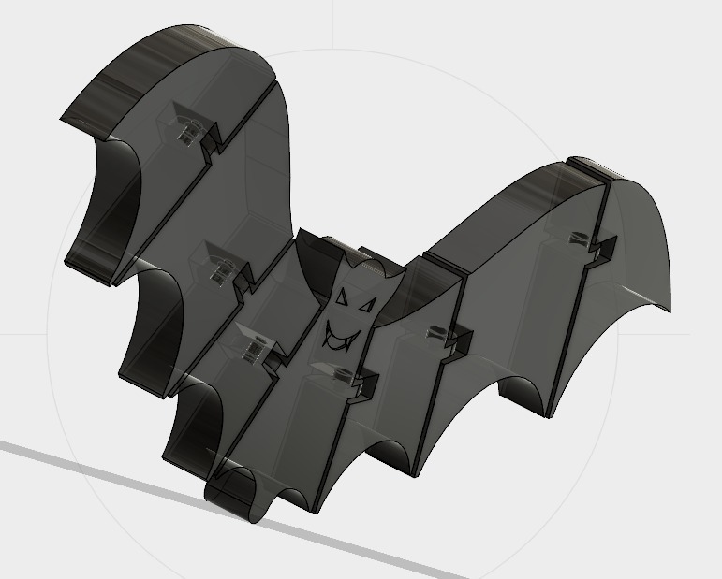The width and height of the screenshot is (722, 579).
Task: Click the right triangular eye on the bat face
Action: (x=366, y=306)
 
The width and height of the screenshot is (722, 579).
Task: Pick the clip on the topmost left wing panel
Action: (x=191, y=130)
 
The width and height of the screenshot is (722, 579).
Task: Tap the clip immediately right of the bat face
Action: (x=440, y=334)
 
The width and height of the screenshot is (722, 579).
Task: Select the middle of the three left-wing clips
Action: (x=221, y=268)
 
